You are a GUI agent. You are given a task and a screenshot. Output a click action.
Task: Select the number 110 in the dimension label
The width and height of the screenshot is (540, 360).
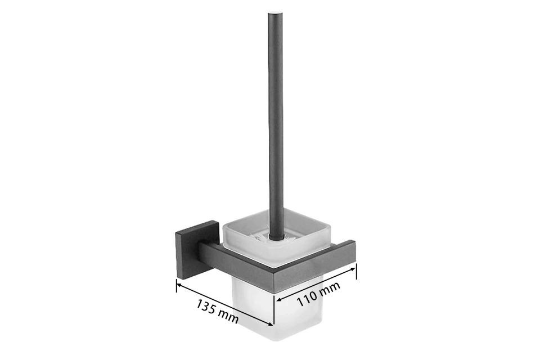tap(307, 298)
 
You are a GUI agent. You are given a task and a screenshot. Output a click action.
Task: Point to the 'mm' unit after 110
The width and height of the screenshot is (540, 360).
tap(330, 289)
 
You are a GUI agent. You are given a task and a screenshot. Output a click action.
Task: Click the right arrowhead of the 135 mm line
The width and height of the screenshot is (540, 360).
tap(271, 323)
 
